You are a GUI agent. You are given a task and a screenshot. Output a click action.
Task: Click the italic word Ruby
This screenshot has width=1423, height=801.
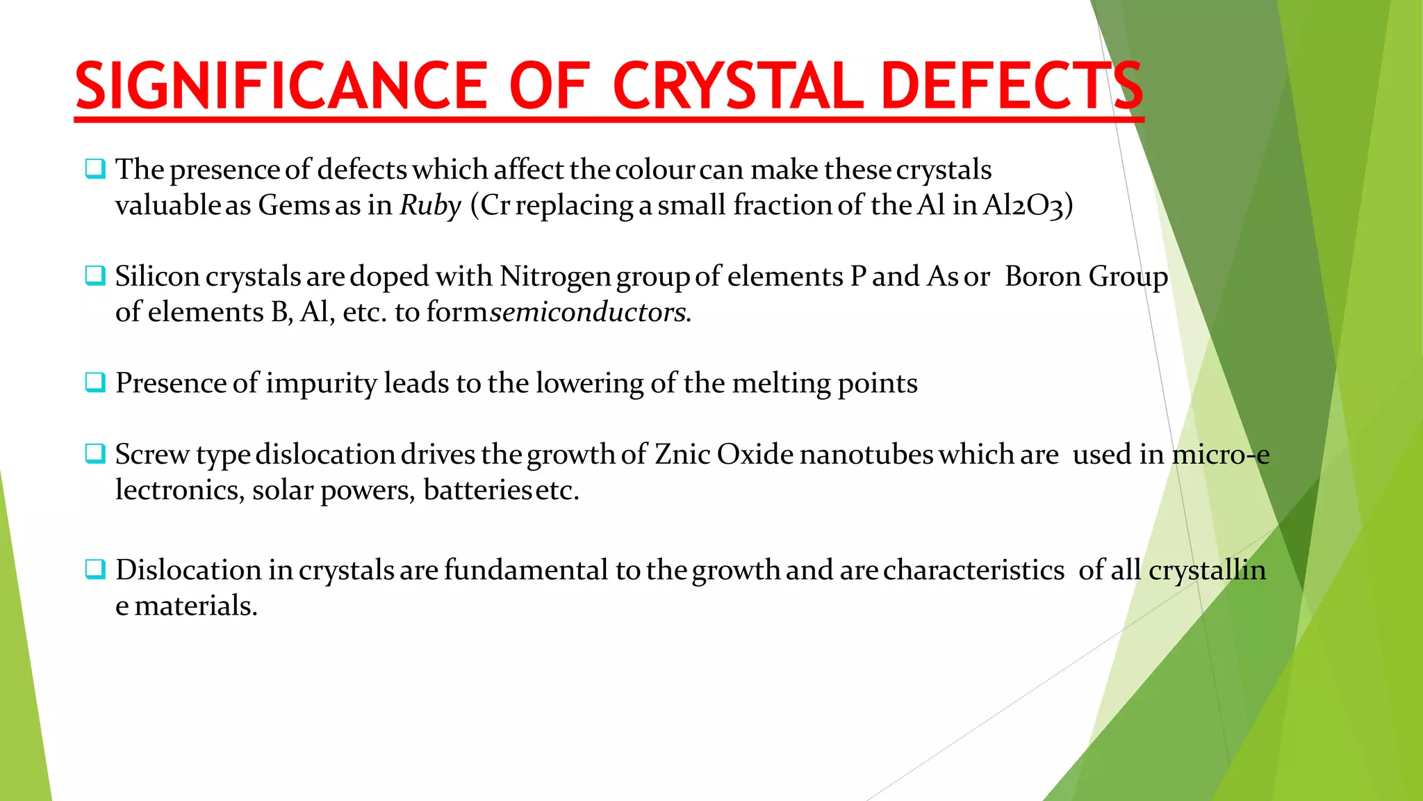(x=430, y=206)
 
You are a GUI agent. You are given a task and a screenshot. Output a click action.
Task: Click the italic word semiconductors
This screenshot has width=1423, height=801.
(x=589, y=312)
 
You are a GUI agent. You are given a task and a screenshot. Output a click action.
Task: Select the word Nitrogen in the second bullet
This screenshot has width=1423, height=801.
(x=555, y=277)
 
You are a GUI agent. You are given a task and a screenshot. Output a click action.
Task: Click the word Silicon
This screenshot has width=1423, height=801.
(x=158, y=277)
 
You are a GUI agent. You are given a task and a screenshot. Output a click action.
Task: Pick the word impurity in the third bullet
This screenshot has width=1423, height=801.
(x=321, y=384)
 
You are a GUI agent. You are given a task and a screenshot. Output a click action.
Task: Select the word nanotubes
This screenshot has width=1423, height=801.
(x=866, y=455)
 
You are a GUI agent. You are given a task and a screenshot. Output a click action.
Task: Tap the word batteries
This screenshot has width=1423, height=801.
(x=477, y=491)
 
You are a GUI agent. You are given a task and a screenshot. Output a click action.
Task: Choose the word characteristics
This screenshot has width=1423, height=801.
(x=973, y=570)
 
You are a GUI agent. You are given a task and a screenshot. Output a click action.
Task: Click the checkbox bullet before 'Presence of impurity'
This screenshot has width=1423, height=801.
(x=95, y=382)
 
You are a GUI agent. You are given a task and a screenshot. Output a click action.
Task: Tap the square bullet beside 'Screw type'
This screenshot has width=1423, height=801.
(x=95, y=453)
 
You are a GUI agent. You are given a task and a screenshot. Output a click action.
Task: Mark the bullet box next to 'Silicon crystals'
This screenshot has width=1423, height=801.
(x=95, y=275)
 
